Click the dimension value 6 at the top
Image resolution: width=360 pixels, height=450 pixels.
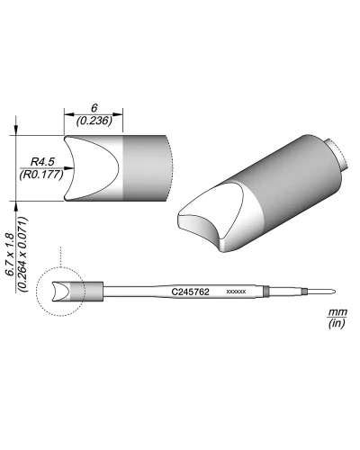pyautogui.click(x=94, y=108)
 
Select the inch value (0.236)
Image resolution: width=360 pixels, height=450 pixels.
pyautogui.click(x=94, y=121)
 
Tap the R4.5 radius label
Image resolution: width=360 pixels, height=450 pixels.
pyautogui.click(x=42, y=162)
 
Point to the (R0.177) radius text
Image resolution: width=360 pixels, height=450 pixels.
pyautogui.click(x=41, y=175)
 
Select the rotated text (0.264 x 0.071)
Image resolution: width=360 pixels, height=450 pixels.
pyautogui.click(x=23, y=254)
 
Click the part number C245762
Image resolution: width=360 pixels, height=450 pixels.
pyautogui.click(x=190, y=292)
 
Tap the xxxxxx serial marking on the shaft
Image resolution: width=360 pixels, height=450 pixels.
pyautogui.click(x=237, y=292)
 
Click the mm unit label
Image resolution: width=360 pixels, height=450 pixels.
pyautogui.click(x=337, y=312)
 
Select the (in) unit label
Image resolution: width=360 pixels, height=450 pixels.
pyautogui.click(x=337, y=323)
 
